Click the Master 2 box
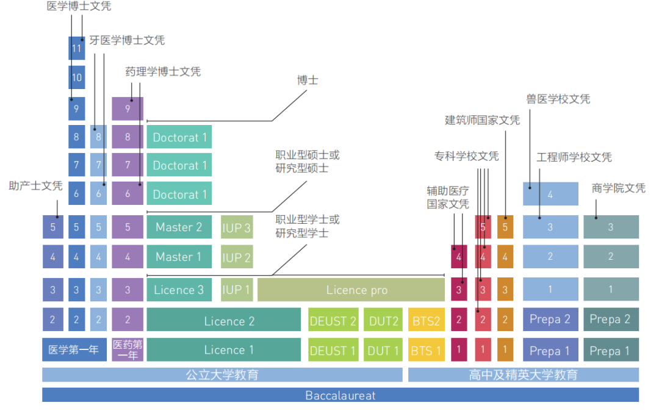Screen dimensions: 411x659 (x=179, y=227)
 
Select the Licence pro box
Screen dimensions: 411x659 (x=351, y=290)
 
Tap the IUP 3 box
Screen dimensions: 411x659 (x=236, y=227)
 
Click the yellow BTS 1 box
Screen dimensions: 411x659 (x=426, y=351)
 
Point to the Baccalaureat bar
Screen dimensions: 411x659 (x=340, y=395)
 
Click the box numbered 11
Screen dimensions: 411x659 (x=76, y=48)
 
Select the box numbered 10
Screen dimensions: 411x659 (x=76, y=77)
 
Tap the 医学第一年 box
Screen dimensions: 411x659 (x=74, y=350)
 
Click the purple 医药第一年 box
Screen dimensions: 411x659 (x=127, y=350)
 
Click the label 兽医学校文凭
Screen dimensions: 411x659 (x=558, y=99)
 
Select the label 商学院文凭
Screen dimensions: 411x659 (x=618, y=188)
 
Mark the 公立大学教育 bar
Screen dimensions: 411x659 (x=222, y=374)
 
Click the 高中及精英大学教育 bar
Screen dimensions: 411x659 (x=523, y=374)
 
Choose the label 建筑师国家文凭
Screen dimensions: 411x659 (x=482, y=120)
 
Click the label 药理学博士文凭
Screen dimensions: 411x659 (x=163, y=72)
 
